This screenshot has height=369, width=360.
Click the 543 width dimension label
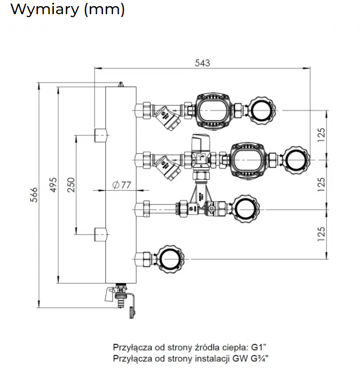(x=202, y=62)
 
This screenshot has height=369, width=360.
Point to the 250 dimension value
(x=71, y=184)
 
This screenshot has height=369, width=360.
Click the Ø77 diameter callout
(x=121, y=185)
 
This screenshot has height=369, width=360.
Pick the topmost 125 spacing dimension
(x=322, y=135)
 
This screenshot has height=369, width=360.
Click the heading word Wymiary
(x=44, y=9)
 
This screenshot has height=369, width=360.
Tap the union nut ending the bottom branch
(x=169, y=258)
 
